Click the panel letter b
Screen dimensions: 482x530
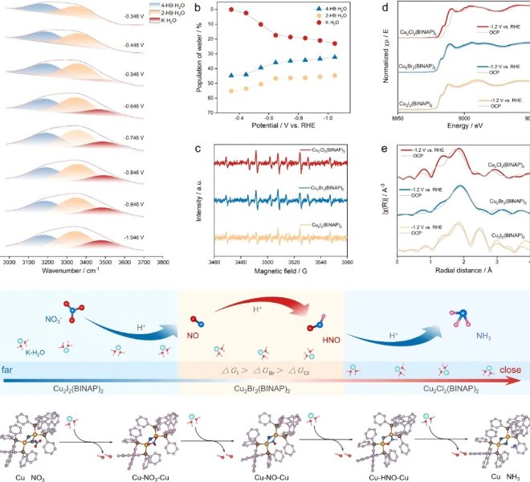198,8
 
